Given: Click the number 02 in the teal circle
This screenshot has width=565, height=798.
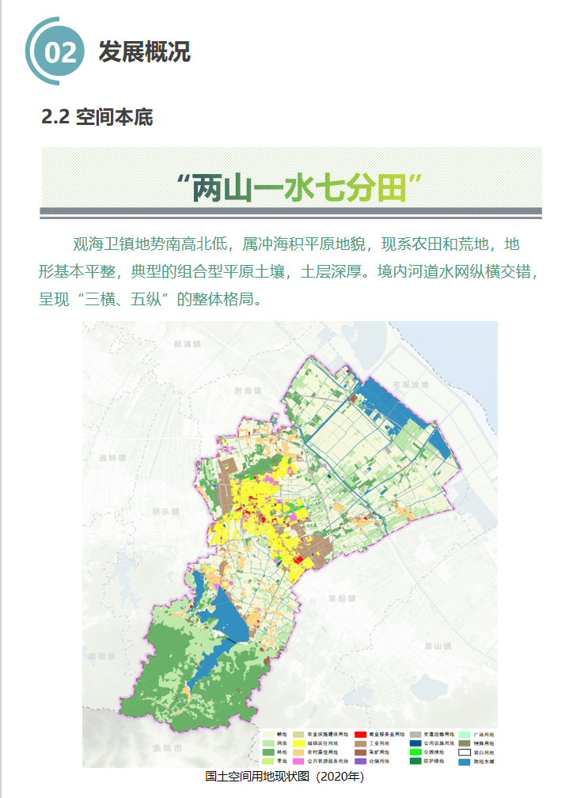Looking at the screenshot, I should [x=61, y=52].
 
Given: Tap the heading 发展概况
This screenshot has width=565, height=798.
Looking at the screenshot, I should [x=144, y=51].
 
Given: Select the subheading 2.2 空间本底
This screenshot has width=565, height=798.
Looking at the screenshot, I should [x=97, y=117].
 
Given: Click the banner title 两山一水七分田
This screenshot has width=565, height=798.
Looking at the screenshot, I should [x=298, y=187].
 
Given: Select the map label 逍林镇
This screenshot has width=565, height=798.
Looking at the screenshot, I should [x=113, y=458].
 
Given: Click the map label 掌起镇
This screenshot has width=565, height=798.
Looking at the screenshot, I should [x=343, y=599].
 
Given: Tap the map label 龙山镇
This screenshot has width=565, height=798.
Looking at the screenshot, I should [x=437, y=646].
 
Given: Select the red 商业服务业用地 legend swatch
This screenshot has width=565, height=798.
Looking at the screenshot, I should [x=360, y=735].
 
